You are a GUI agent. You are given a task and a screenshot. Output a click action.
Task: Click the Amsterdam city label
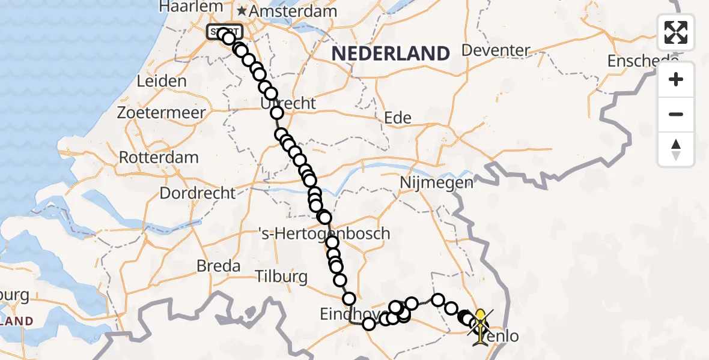click(x=285, y=11)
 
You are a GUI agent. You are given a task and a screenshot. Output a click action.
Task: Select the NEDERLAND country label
click(x=391, y=53)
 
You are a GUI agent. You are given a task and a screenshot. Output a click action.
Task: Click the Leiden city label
click(x=162, y=81)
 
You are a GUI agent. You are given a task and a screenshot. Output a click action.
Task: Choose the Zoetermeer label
click(x=162, y=112)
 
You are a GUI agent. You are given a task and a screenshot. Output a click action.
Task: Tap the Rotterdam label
click(x=159, y=158)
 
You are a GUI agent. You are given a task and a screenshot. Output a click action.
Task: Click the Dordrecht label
click(x=198, y=193)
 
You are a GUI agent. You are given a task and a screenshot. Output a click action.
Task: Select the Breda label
click(x=219, y=266)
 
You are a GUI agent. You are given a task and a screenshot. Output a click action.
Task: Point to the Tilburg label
click(x=281, y=277)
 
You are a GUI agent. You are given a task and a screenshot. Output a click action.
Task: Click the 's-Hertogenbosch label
click(x=323, y=233)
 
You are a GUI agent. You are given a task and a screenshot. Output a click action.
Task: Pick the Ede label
click(x=398, y=118)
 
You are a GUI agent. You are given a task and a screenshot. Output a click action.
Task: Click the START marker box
click(x=224, y=32)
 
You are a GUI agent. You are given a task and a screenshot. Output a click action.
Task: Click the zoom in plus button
click(x=676, y=79)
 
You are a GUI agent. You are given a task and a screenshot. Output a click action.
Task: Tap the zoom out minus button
click(x=676, y=114)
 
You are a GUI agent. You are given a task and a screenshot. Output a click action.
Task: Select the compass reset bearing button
click(x=676, y=149)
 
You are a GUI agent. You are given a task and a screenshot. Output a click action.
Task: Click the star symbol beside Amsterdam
click(x=242, y=11)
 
